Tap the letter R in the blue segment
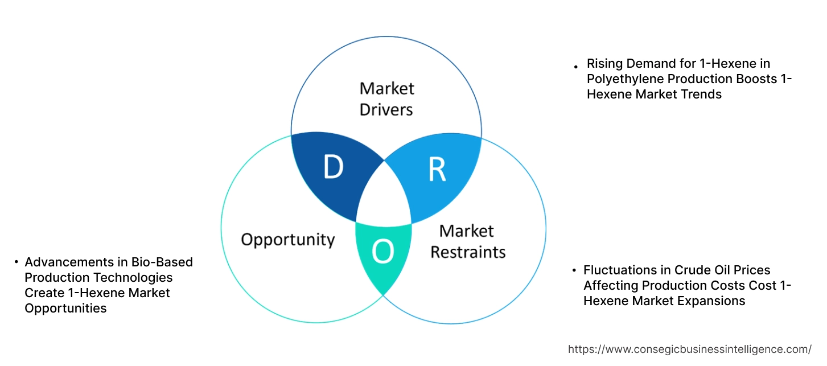click(437, 170)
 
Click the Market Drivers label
click(387, 98)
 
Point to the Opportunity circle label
click(288, 240)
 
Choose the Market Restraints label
click(468, 241)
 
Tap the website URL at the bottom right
click(690, 349)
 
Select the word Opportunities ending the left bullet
click(65, 308)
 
